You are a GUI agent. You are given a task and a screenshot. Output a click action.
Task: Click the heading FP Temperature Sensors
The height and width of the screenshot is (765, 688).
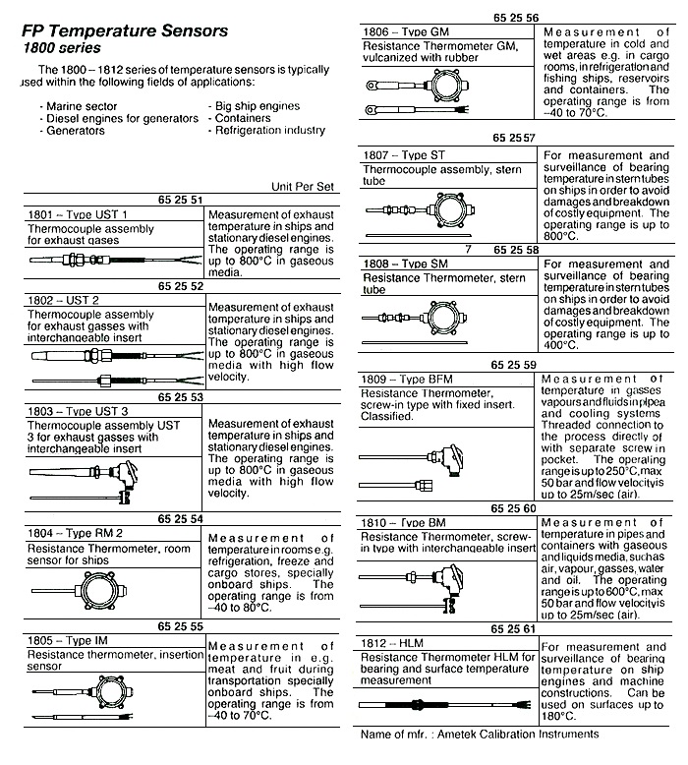point(125,30)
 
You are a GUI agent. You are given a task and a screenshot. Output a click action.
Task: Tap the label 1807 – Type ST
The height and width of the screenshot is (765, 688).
point(404,154)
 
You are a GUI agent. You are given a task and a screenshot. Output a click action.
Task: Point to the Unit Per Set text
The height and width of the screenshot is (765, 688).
point(304,186)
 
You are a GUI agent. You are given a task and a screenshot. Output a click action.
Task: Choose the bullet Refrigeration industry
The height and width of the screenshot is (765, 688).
point(270,130)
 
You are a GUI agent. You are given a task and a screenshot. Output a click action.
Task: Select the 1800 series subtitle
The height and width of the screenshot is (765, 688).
point(61,47)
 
